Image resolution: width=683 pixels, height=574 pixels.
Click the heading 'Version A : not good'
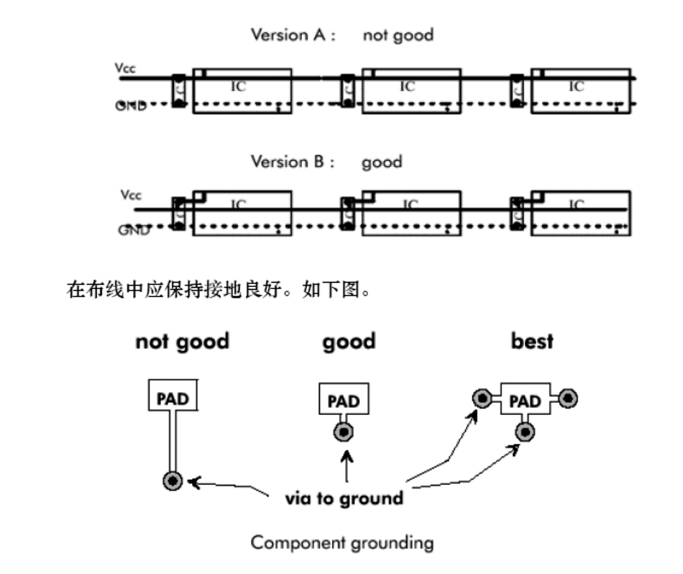click(x=341, y=35)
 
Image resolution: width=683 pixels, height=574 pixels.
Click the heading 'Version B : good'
click(x=326, y=162)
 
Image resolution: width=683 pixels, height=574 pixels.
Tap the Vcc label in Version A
click(x=125, y=69)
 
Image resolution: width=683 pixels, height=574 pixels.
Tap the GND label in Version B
click(x=134, y=230)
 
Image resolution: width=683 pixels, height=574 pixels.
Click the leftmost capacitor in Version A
click(x=180, y=91)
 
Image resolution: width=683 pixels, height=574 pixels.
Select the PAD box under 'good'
click(x=344, y=400)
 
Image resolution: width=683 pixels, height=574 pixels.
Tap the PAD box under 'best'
click(x=525, y=400)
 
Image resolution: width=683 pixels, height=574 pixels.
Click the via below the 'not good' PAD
click(x=173, y=481)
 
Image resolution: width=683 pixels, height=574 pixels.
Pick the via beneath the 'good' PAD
click(x=344, y=433)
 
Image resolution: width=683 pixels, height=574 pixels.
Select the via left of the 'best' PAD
click(x=480, y=398)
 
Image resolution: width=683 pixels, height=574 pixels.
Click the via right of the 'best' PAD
click(x=568, y=398)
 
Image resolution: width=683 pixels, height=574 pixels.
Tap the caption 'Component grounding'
click(x=341, y=542)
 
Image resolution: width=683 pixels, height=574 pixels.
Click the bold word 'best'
click(x=532, y=341)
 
